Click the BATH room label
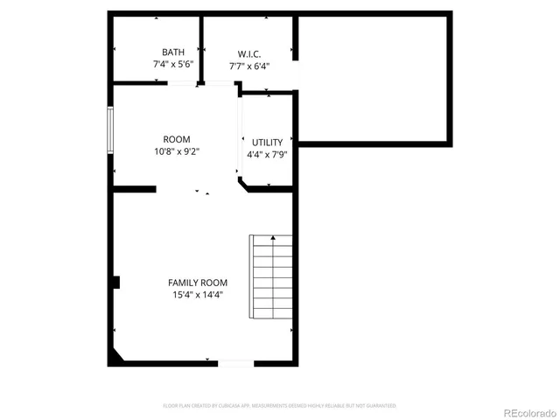coord(173,52)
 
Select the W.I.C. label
coord(249,52)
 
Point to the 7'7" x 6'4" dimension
coord(249,66)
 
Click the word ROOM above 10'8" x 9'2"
coord(176,139)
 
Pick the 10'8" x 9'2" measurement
coord(176,151)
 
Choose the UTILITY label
coord(268,142)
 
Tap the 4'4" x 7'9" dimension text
coord(268,155)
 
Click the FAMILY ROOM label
coord(198,283)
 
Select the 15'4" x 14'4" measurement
coord(198,295)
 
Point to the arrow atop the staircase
coord(272,238)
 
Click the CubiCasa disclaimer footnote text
coord(280,406)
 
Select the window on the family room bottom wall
coord(235,362)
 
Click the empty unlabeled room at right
coord(374,79)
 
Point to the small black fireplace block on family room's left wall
coord(115,282)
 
